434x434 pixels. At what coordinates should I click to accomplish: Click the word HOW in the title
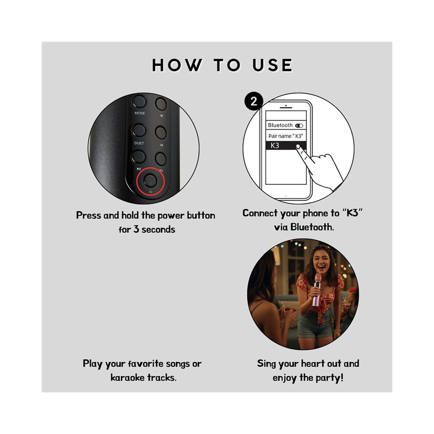[177, 65]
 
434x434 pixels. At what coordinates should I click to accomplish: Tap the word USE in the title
[272, 65]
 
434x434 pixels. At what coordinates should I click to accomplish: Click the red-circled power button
[150, 181]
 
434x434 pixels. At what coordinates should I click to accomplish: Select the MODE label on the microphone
[140, 113]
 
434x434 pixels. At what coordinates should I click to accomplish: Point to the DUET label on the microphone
[139, 143]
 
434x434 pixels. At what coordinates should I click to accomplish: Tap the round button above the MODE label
[139, 101]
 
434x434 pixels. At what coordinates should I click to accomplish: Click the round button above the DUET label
[139, 130]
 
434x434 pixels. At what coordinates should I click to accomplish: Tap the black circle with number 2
[253, 101]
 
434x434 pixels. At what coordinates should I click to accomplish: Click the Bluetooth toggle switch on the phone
[299, 126]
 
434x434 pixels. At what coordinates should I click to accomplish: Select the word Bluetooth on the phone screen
[280, 125]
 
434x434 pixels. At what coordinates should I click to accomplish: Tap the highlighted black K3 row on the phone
[286, 146]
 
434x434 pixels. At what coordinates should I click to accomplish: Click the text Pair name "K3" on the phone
[286, 136]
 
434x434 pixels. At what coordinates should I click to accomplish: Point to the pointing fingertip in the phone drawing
[298, 146]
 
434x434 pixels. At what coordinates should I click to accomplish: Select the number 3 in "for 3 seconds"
[136, 229]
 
